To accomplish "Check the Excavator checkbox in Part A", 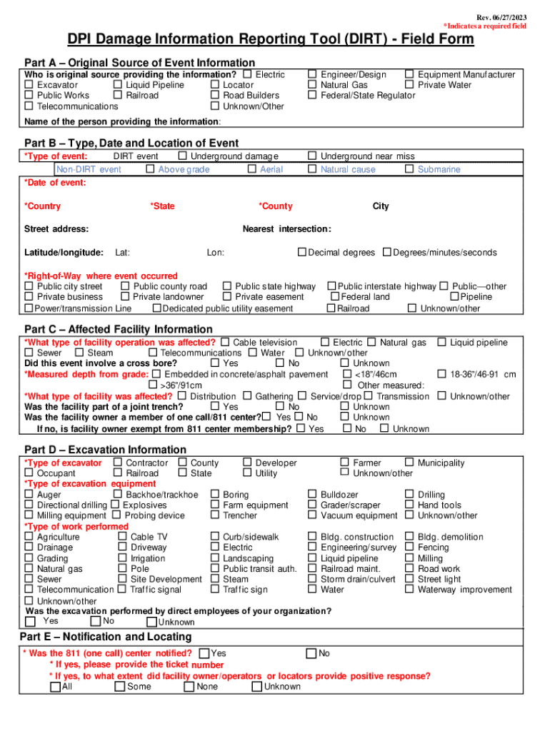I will coord(29,85).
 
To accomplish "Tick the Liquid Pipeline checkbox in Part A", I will coord(119,85).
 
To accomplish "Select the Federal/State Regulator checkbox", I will coord(312,96).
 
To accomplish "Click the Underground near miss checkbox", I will coord(312,156).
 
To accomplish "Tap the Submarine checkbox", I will coord(409,169).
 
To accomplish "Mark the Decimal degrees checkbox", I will coord(302,252).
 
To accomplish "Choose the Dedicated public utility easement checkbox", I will coord(156,308).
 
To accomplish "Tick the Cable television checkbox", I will coord(226,343).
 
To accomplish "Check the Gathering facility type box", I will coord(247,396).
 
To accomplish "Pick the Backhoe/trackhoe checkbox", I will coord(118,494).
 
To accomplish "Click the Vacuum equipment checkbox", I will coord(312,515).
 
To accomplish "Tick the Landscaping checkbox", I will coord(215,558).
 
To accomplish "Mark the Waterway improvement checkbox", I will coord(409,590).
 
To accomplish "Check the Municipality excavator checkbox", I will coord(409,463).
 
